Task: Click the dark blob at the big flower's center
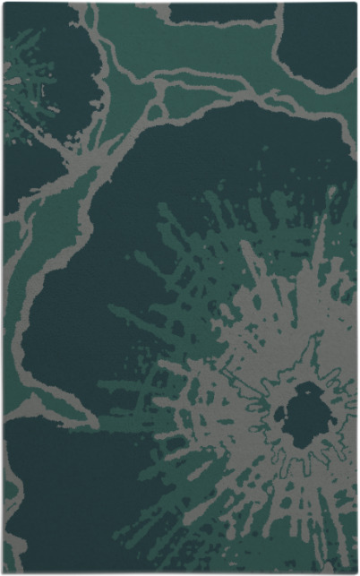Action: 301,415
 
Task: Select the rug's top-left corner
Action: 4,4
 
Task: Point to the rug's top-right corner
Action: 356,4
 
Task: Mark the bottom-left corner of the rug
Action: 4,572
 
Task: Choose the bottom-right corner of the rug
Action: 356,572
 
